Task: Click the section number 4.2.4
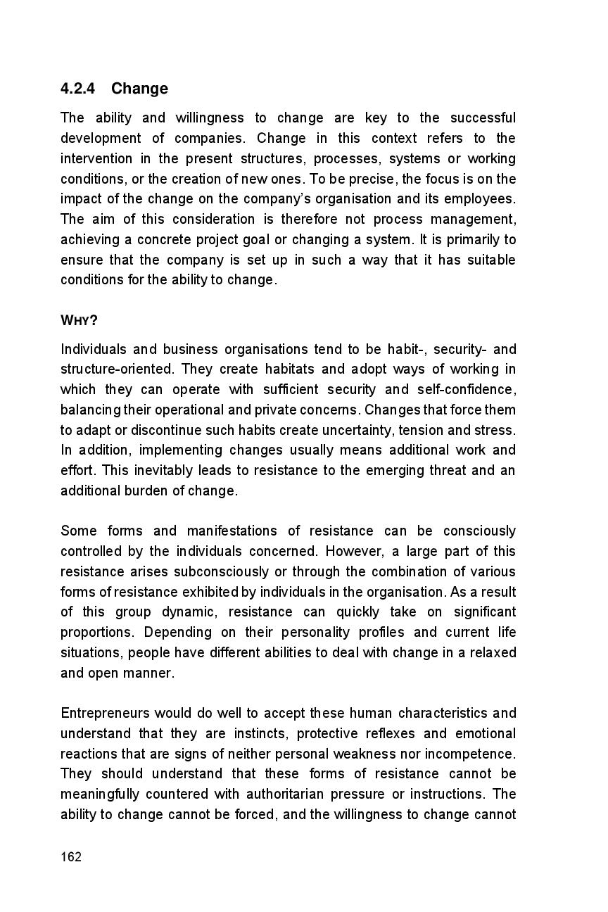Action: pos(78,89)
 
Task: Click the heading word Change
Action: pos(139,89)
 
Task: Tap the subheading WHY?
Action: pos(79,321)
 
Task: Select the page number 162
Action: pos(71,856)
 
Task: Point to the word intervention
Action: pos(96,158)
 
